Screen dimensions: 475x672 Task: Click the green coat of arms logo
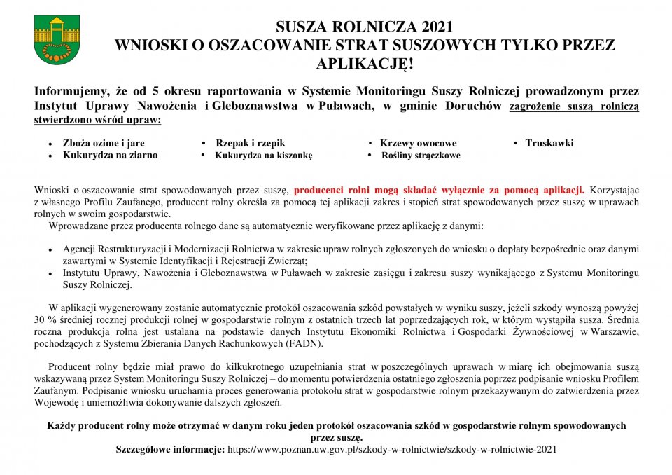click(57, 40)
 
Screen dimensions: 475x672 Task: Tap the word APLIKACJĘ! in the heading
click(364, 64)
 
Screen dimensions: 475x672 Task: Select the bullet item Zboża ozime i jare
click(104, 143)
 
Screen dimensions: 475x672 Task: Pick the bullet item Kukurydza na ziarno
click(110, 155)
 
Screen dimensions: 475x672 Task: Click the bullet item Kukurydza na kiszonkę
click(263, 155)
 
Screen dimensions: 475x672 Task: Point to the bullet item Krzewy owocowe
click(418, 143)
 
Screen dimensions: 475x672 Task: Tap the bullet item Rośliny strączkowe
click(420, 155)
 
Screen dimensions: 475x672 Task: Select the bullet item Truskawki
click(549, 143)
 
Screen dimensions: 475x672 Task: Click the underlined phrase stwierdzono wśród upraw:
click(97, 119)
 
